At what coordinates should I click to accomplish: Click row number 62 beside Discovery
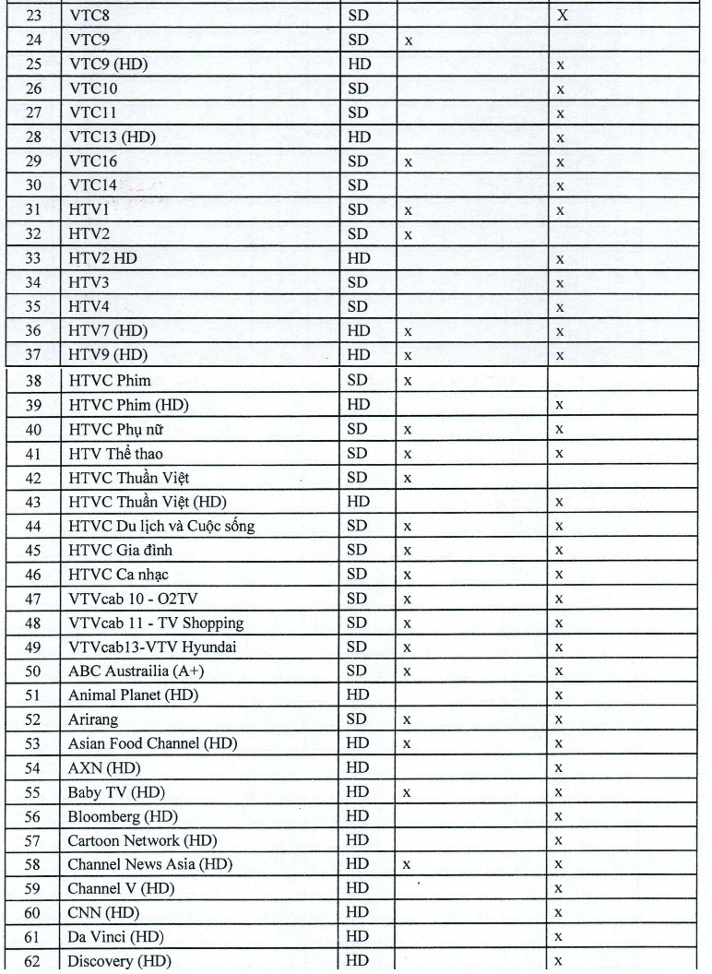point(32,961)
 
